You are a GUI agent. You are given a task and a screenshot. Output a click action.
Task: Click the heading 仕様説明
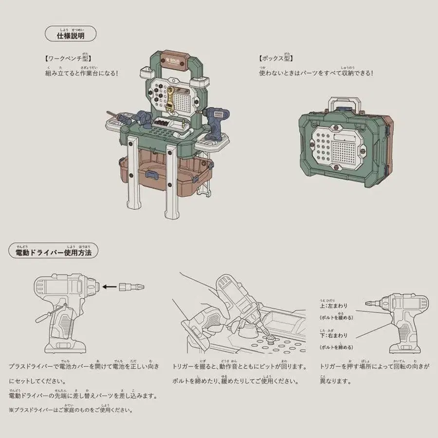[x=71, y=36]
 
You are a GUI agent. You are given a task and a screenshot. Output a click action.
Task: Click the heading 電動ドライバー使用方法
[x=54, y=253]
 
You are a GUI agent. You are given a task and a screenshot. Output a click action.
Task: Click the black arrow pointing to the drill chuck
[x=111, y=287]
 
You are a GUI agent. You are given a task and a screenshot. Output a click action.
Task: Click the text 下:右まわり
[x=334, y=336]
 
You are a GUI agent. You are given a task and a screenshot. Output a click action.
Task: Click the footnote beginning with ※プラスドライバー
[x=71, y=410]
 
